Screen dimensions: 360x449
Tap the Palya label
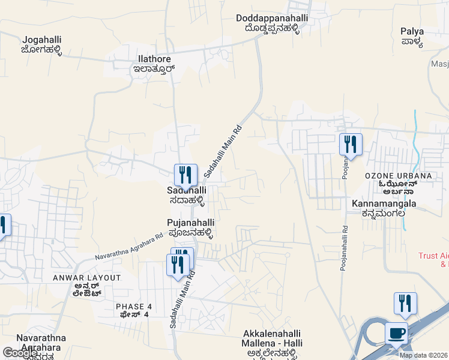pos(412,31)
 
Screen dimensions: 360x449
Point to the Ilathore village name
pos(153,59)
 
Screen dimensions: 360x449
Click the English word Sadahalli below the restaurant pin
pos(187,190)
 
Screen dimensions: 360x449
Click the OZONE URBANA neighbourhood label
pos(398,176)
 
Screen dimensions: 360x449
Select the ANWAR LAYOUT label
pos(86,278)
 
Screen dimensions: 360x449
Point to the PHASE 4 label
pos(134,307)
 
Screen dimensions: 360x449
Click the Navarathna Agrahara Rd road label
pos(128,247)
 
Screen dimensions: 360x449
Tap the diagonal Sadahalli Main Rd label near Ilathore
pos(222,151)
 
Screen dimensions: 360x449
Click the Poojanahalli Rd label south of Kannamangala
pos(344,247)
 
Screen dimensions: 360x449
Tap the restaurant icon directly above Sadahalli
pos(185,175)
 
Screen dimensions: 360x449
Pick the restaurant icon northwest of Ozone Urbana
pos(351,144)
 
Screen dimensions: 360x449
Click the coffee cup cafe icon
pos(396,334)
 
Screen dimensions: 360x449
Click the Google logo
pos(20,353)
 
